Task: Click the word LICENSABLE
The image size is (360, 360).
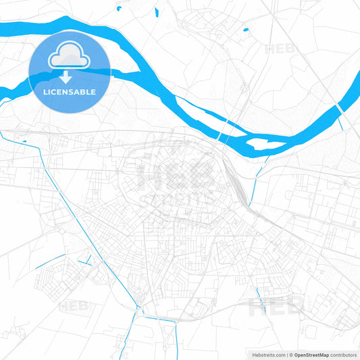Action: [70, 91]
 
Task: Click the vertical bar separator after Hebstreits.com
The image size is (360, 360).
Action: [286, 354]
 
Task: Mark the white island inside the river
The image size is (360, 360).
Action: [259, 143]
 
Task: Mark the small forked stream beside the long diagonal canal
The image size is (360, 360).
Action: [86, 260]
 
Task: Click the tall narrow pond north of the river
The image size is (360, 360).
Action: [156, 11]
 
